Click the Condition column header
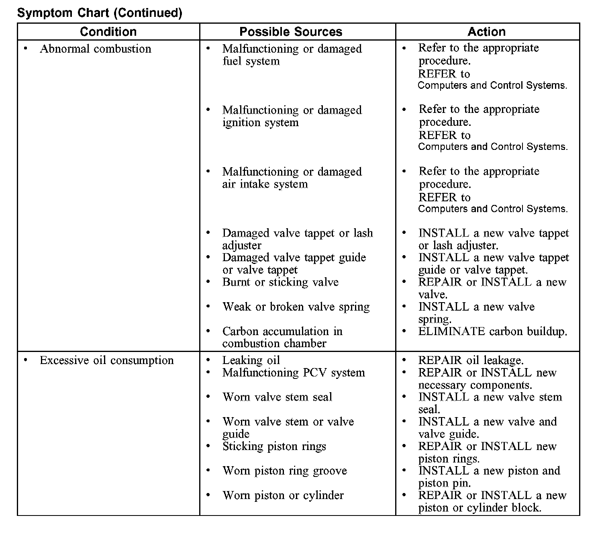pos(108,32)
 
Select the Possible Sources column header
pos(291,32)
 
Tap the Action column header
pos(486,32)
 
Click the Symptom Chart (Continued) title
pos(100,13)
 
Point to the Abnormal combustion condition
pos(96,49)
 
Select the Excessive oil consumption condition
pos(106,360)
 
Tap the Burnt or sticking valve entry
pos(280,282)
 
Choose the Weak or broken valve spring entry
pos(296,307)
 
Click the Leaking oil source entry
pos(251,360)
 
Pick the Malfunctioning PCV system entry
pos(294,373)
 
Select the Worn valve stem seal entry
pos(277,397)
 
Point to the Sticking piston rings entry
pos(274,446)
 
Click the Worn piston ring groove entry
pos(284,471)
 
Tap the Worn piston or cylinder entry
pos(283,495)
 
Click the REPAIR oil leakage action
pos(471,360)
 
